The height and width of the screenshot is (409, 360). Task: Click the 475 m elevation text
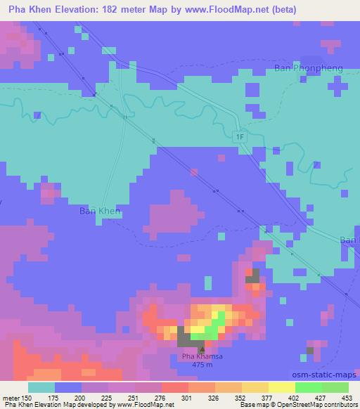point(202,365)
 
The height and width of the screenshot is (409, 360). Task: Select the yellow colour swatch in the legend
point(281,387)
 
